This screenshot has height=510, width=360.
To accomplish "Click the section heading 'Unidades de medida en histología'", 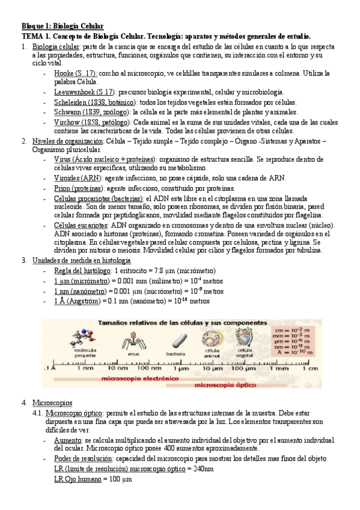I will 81,261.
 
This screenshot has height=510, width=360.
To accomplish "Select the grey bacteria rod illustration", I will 175,341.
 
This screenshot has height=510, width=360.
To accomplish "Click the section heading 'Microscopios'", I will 51,402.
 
